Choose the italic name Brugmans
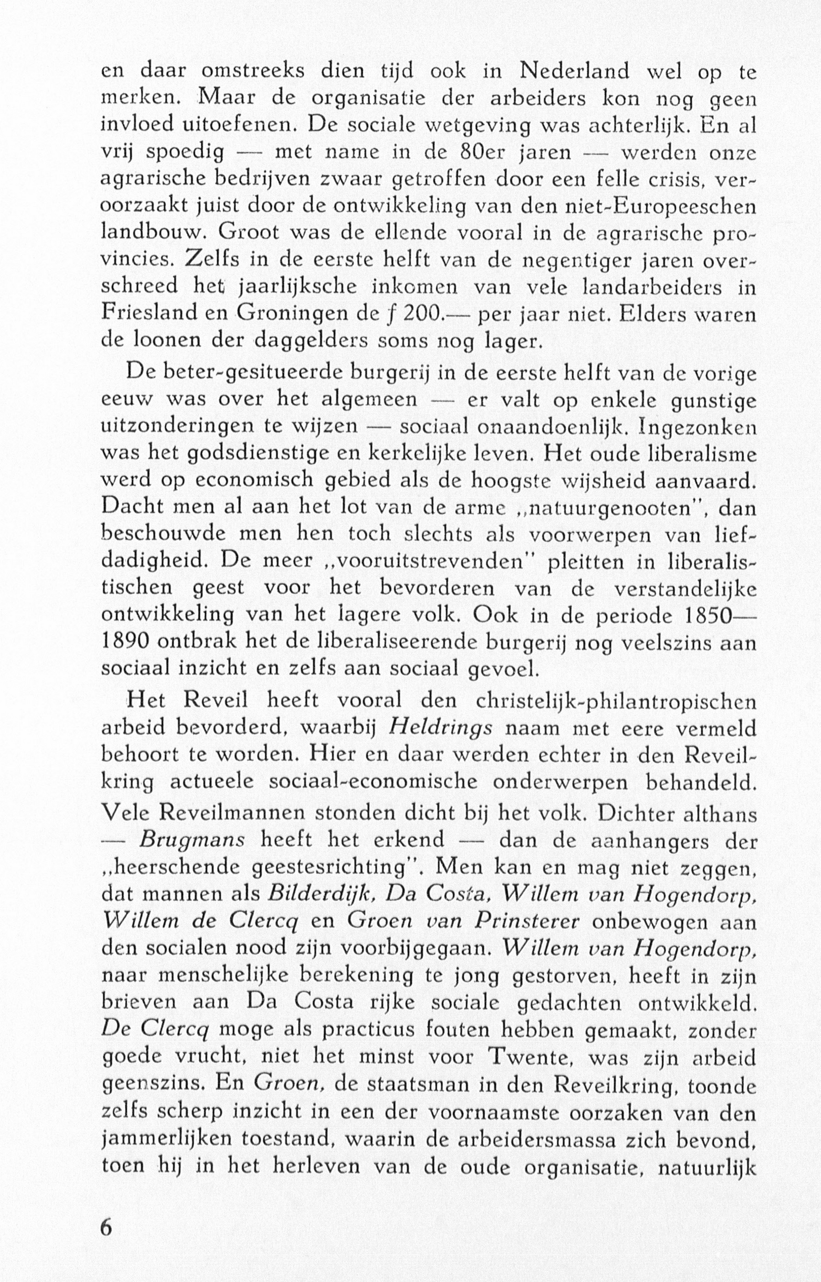[x=192, y=840]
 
